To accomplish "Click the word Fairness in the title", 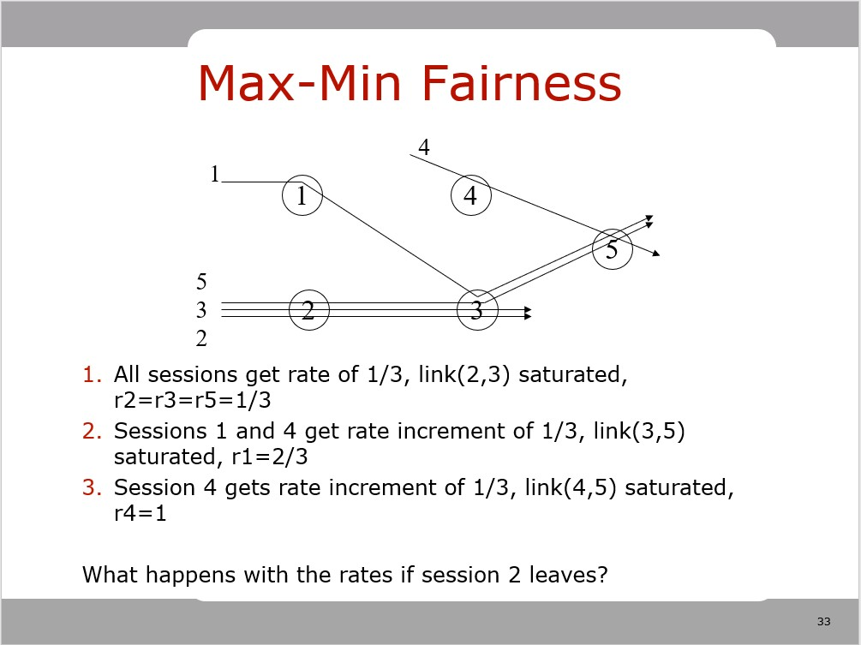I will [x=519, y=84].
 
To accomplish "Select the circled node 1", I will [x=302, y=195].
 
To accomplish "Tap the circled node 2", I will [x=308, y=310].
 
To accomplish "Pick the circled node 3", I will [x=477, y=310].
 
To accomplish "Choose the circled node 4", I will [x=470, y=195].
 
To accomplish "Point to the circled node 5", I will [x=612, y=249].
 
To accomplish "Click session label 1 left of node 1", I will [x=215, y=175].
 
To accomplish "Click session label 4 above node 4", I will [x=423, y=147].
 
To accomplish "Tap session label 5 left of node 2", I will [x=201, y=281].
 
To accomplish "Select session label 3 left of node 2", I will [x=201, y=309].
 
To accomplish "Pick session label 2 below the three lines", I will [x=201, y=338].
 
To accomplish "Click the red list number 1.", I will [x=91, y=375].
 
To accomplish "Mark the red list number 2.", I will [x=91, y=431].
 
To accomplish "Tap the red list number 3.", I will [x=91, y=487].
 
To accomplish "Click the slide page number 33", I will [x=824, y=621].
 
